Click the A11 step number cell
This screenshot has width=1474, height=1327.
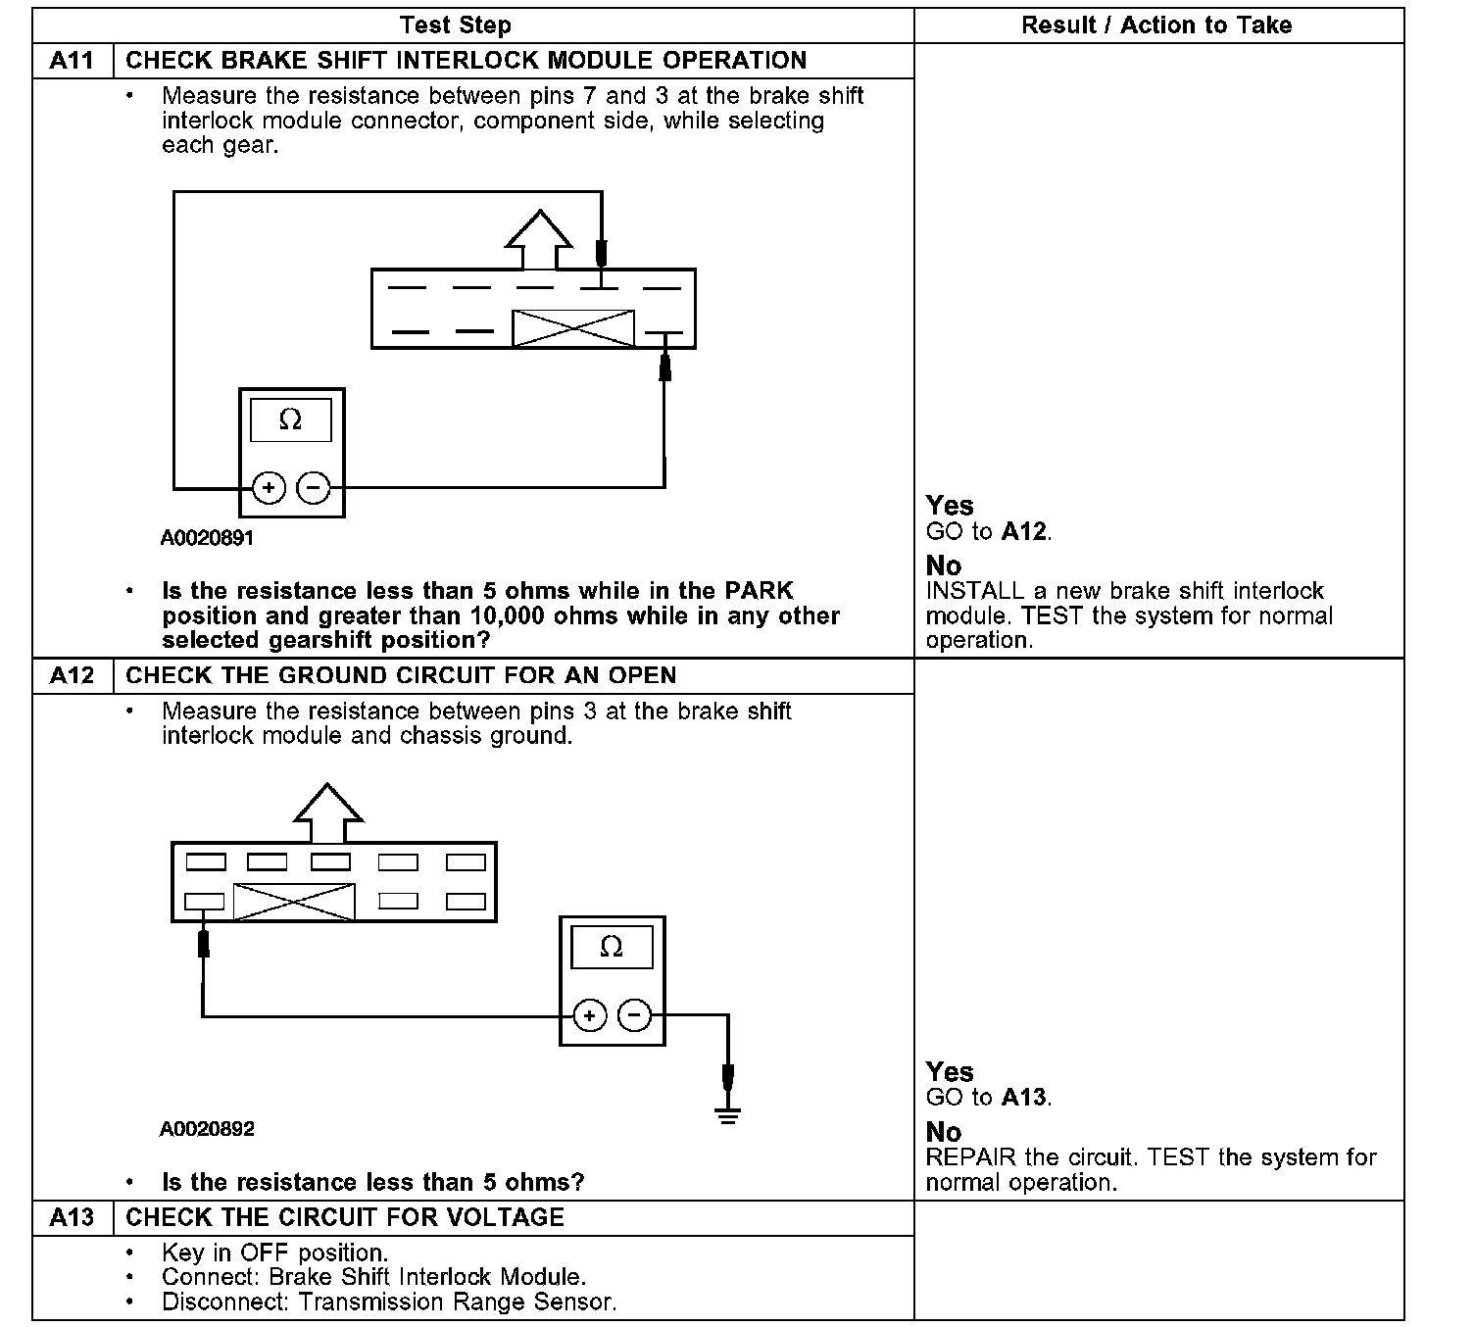point(72,61)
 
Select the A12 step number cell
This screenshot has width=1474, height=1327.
point(72,676)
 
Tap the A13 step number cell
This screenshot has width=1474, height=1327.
point(72,1217)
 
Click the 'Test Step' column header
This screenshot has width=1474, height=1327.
point(456,25)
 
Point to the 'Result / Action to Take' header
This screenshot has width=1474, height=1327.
point(1156,25)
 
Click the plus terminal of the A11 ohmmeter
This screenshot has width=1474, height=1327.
point(269,487)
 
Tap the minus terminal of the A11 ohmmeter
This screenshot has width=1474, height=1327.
point(314,487)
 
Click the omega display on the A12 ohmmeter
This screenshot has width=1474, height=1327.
point(612,947)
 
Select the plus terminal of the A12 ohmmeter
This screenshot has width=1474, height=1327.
point(589,1015)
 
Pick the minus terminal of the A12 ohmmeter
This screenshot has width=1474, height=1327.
point(635,1015)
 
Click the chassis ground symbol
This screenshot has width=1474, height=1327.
point(727,1114)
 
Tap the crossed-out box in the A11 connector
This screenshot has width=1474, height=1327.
point(573,328)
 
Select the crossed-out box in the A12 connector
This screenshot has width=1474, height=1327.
point(294,902)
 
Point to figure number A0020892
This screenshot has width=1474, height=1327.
point(207,1129)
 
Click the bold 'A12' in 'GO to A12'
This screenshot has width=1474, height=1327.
point(1025,532)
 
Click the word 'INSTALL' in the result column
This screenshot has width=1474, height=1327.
point(974,592)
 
